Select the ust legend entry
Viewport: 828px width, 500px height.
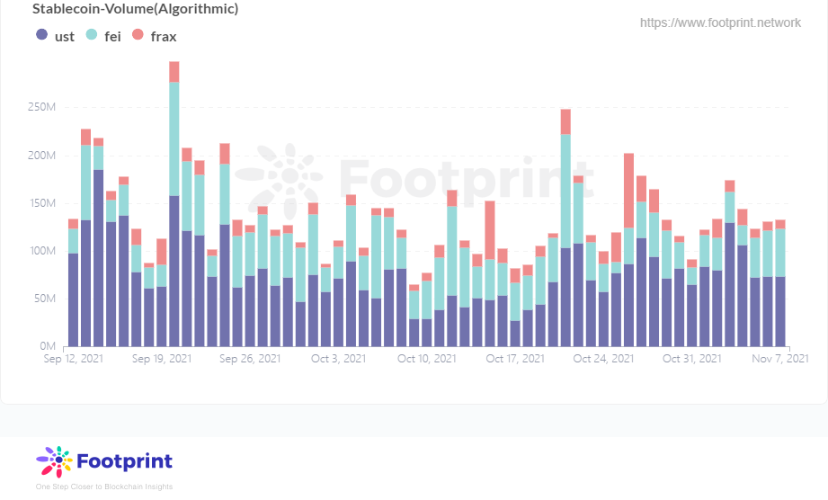pos(55,36)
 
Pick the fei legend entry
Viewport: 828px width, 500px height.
pos(102,36)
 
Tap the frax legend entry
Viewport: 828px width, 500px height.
pos(155,36)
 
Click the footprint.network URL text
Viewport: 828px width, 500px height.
pos(720,22)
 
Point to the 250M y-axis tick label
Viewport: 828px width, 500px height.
pos(42,108)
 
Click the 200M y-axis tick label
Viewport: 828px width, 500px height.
pos(42,156)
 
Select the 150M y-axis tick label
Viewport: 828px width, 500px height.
pos(42,203)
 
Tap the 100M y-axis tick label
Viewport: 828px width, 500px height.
pos(42,251)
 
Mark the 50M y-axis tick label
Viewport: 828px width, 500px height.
pos(45,299)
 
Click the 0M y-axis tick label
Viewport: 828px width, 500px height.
pos(49,346)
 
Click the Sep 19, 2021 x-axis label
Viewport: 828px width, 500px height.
pos(162,358)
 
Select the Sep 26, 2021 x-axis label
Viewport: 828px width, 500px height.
pos(250,358)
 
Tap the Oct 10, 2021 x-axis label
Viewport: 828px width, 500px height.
pos(426,358)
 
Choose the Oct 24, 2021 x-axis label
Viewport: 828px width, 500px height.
pos(602,358)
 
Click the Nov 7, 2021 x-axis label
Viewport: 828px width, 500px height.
pos(779,358)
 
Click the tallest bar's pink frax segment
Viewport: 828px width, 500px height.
pos(174,72)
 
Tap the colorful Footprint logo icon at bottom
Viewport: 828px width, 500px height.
pos(54,461)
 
